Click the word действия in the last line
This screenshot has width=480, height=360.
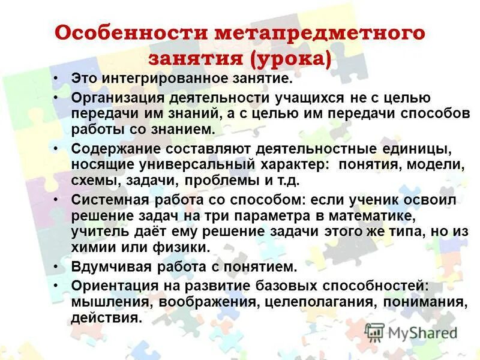tap(106, 318)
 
